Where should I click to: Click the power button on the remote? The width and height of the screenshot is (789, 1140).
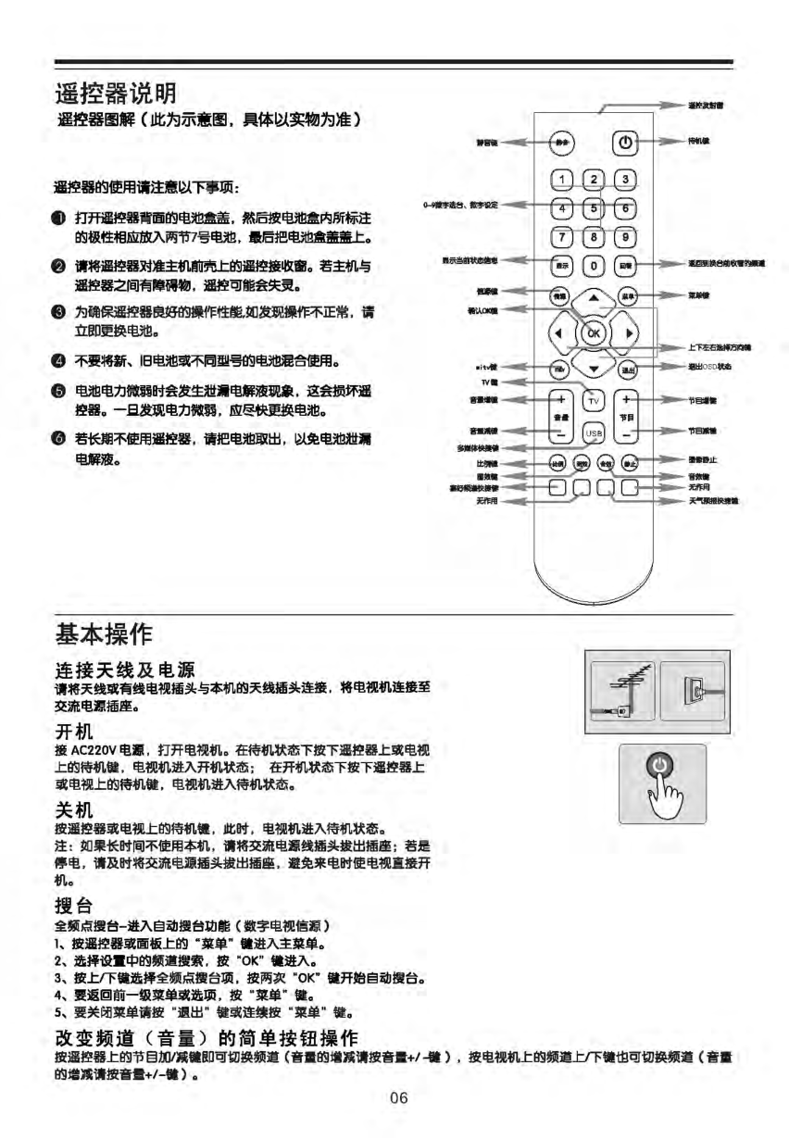626,144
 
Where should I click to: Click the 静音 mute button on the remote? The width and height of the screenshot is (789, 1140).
562,143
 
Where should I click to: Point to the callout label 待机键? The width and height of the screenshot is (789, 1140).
698,142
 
